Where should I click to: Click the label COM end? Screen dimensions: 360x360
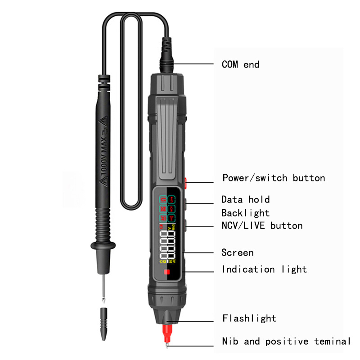pos(240,64)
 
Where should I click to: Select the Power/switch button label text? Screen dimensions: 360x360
pos(274,178)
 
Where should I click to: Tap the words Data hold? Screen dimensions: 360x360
pos(245,199)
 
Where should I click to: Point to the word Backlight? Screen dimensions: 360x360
pos(245,213)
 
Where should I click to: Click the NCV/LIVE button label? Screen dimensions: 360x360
pos(262,225)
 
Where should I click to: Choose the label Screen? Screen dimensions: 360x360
pos(237,252)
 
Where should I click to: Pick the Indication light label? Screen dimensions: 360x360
pos(264,269)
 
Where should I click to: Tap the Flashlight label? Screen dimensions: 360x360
pos(249,318)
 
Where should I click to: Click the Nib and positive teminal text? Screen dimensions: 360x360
pos(286,341)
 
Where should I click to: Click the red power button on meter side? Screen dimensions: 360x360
pos(184,182)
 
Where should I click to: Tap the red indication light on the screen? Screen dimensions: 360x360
pos(166,273)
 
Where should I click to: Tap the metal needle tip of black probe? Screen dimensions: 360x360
pos(103,288)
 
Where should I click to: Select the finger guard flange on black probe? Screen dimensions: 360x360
pos(103,245)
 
